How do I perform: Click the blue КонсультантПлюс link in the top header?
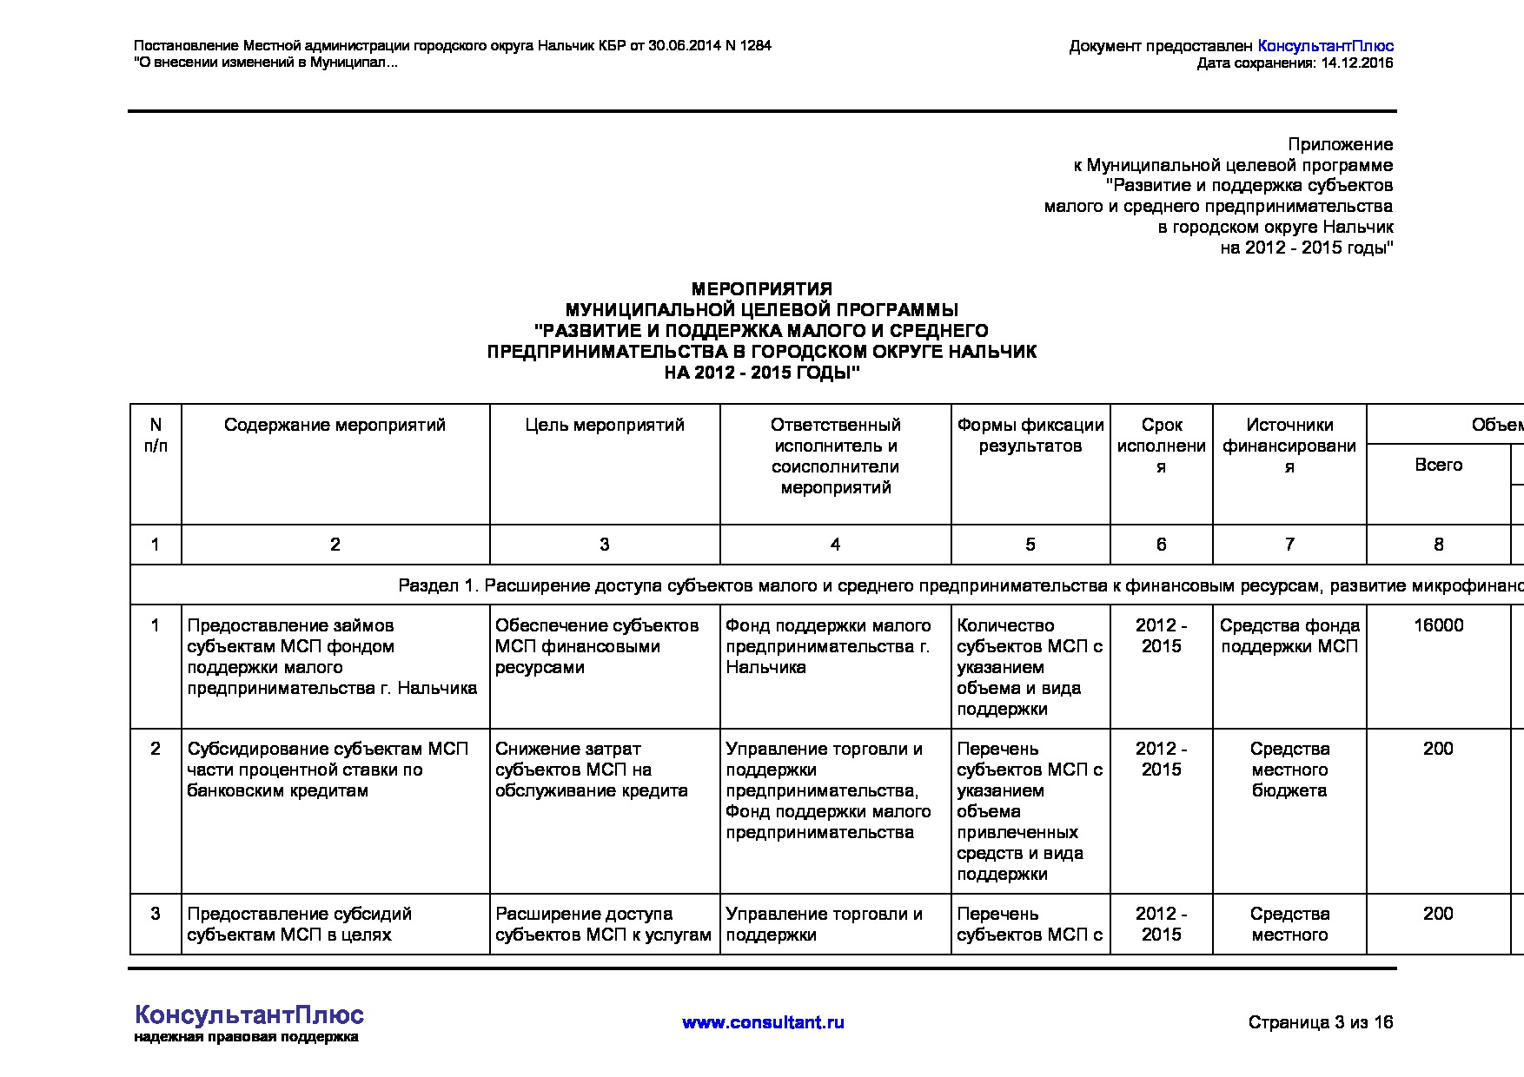coord(1325,46)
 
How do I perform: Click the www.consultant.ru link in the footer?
coord(763,1022)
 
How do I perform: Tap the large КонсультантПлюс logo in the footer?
coord(249,1015)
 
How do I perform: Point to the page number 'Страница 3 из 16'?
coord(1320,1022)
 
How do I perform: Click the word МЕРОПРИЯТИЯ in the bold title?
coord(761,289)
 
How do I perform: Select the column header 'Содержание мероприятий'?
coord(335,425)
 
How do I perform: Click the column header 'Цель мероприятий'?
coord(605,425)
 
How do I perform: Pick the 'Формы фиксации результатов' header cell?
coord(1030,435)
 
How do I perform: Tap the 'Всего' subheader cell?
coord(1438,465)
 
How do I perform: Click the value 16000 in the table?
coord(1438,625)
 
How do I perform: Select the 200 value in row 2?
coord(1438,749)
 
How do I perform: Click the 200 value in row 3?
coord(1438,914)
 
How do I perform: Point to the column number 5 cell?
coord(1030,545)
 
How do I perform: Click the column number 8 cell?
coord(1438,545)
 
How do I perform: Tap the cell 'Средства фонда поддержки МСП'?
coord(1289,636)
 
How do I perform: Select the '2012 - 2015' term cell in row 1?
coord(1161,636)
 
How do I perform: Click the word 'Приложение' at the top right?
coord(1340,145)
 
